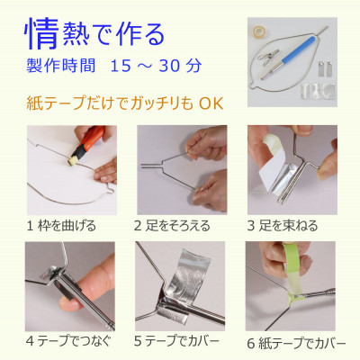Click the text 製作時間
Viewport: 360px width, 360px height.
(x=56, y=67)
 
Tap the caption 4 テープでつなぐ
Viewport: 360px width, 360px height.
(x=68, y=343)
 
